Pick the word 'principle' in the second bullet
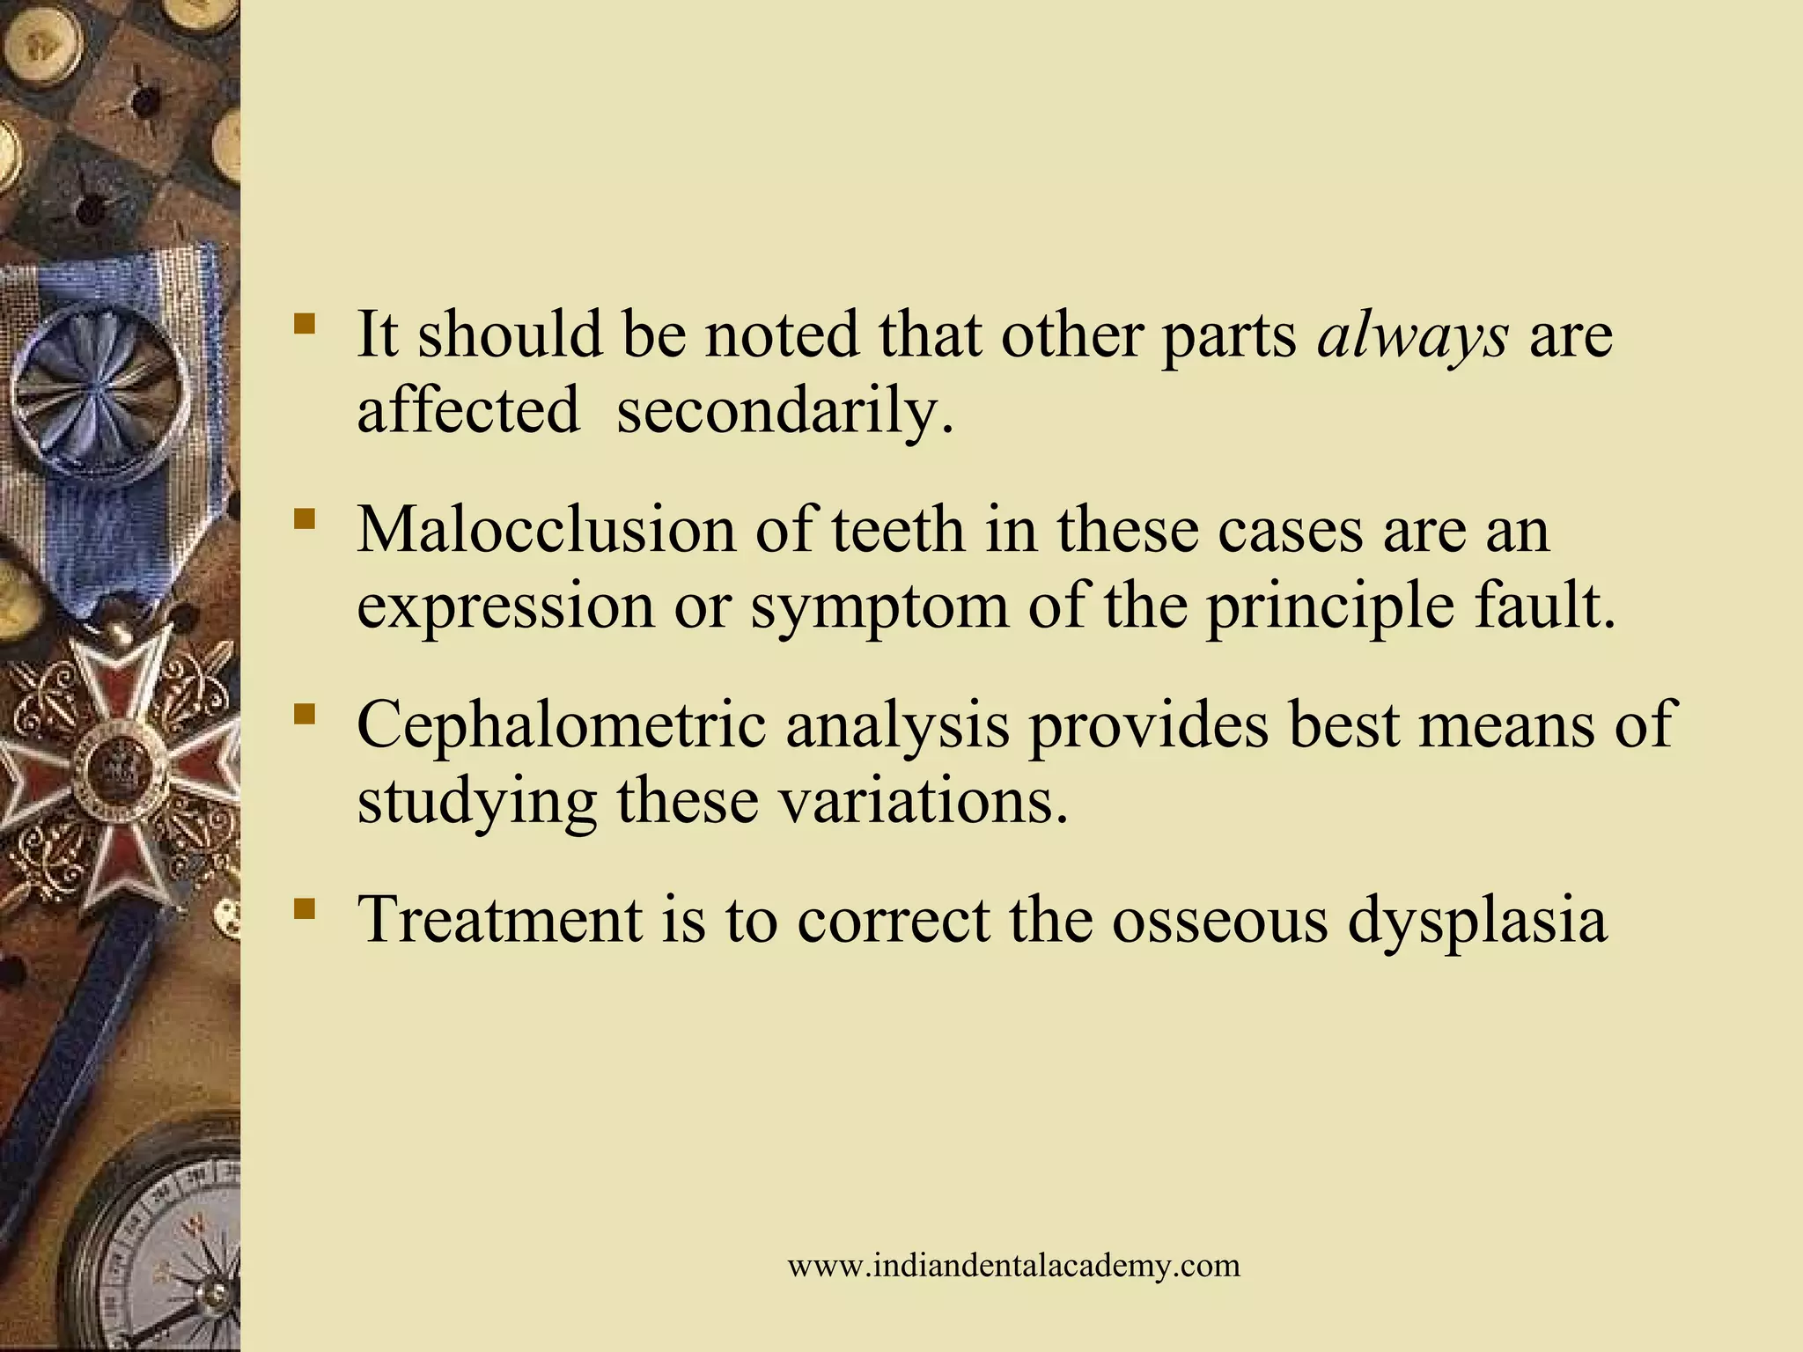tap(1330, 607)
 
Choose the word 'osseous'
tap(1219, 920)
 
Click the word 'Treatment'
tap(499, 920)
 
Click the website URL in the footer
tap(1013, 1266)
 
